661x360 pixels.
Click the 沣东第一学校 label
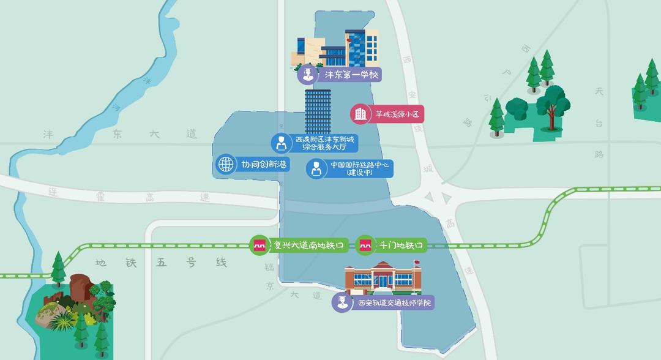click(x=351, y=75)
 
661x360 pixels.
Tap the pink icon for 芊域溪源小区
click(x=360, y=113)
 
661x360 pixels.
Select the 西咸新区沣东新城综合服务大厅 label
click(x=324, y=143)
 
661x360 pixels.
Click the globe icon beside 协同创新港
click(x=226, y=164)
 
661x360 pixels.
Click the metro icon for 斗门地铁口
click(x=365, y=246)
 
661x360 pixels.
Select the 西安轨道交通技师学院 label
click(x=392, y=302)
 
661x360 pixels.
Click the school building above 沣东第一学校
click(x=337, y=49)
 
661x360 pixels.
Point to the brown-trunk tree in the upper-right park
click(x=554, y=107)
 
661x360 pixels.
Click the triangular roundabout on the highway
click(x=439, y=197)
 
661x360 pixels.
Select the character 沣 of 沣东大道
click(x=48, y=133)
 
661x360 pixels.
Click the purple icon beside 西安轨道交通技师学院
click(x=341, y=302)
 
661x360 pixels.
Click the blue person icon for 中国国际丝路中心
click(x=316, y=168)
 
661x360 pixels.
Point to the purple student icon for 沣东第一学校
click(x=307, y=75)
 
